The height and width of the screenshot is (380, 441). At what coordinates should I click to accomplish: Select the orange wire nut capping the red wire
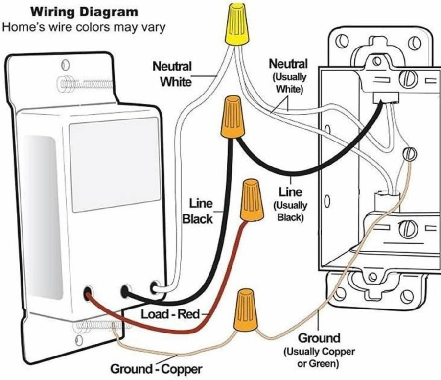[252, 200]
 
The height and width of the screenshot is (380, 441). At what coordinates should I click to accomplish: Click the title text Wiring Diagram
[84, 12]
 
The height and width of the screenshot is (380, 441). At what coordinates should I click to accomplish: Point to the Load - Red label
[170, 314]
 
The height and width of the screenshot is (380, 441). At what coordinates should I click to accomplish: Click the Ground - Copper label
[156, 369]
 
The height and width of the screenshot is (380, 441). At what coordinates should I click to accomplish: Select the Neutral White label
[172, 74]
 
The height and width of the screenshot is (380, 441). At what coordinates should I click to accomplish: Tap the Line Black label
[197, 211]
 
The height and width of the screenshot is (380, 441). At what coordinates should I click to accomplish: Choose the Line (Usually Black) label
[290, 204]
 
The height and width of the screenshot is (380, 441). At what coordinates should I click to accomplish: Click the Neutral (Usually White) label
[288, 75]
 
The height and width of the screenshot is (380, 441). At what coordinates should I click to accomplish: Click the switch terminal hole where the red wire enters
[88, 293]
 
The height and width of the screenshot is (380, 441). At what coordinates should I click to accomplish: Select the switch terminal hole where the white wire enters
[155, 287]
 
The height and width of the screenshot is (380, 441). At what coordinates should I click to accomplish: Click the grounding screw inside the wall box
[410, 154]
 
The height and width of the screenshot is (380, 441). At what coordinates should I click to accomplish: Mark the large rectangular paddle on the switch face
[115, 165]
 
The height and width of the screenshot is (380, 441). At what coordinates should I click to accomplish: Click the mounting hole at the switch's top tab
[66, 65]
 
